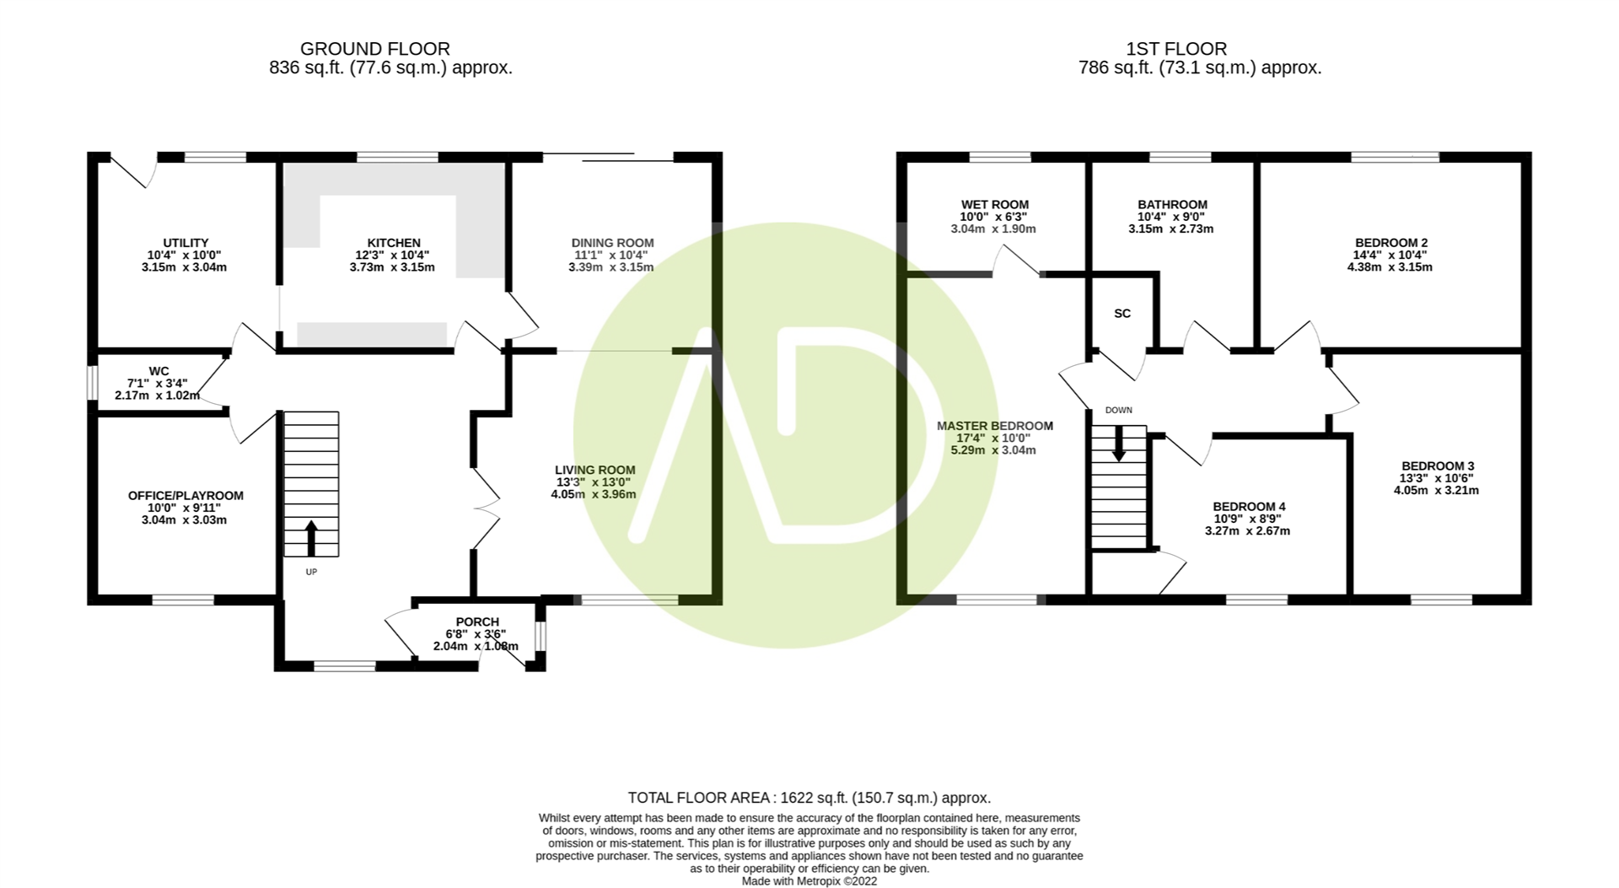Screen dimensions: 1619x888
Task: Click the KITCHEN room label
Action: (x=394, y=243)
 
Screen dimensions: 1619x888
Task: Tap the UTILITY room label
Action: (x=186, y=243)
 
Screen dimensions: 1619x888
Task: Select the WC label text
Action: (x=159, y=371)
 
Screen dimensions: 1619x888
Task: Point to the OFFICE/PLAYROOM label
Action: (x=186, y=496)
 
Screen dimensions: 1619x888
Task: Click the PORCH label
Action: (x=477, y=622)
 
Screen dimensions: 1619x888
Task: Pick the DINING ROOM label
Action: (x=612, y=243)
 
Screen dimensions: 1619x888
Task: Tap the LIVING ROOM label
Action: (x=594, y=470)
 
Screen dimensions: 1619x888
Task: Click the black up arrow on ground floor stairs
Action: (x=311, y=539)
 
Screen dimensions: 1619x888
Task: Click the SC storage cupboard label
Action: (x=1122, y=314)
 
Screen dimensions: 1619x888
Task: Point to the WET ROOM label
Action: (x=995, y=205)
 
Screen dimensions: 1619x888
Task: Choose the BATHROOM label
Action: (x=1172, y=205)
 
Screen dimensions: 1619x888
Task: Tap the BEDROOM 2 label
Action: (x=1390, y=243)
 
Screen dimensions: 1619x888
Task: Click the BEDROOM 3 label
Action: (x=1438, y=466)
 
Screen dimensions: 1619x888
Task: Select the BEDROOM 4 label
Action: (x=1249, y=507)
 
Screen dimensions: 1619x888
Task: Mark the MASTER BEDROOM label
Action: (x=995, y=426)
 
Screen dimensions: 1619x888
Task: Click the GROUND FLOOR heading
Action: (x=375, y=49)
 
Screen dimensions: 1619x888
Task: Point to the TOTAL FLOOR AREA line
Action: (x=809, y=798)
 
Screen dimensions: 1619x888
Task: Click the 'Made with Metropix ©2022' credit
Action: (x=809, y=881)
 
